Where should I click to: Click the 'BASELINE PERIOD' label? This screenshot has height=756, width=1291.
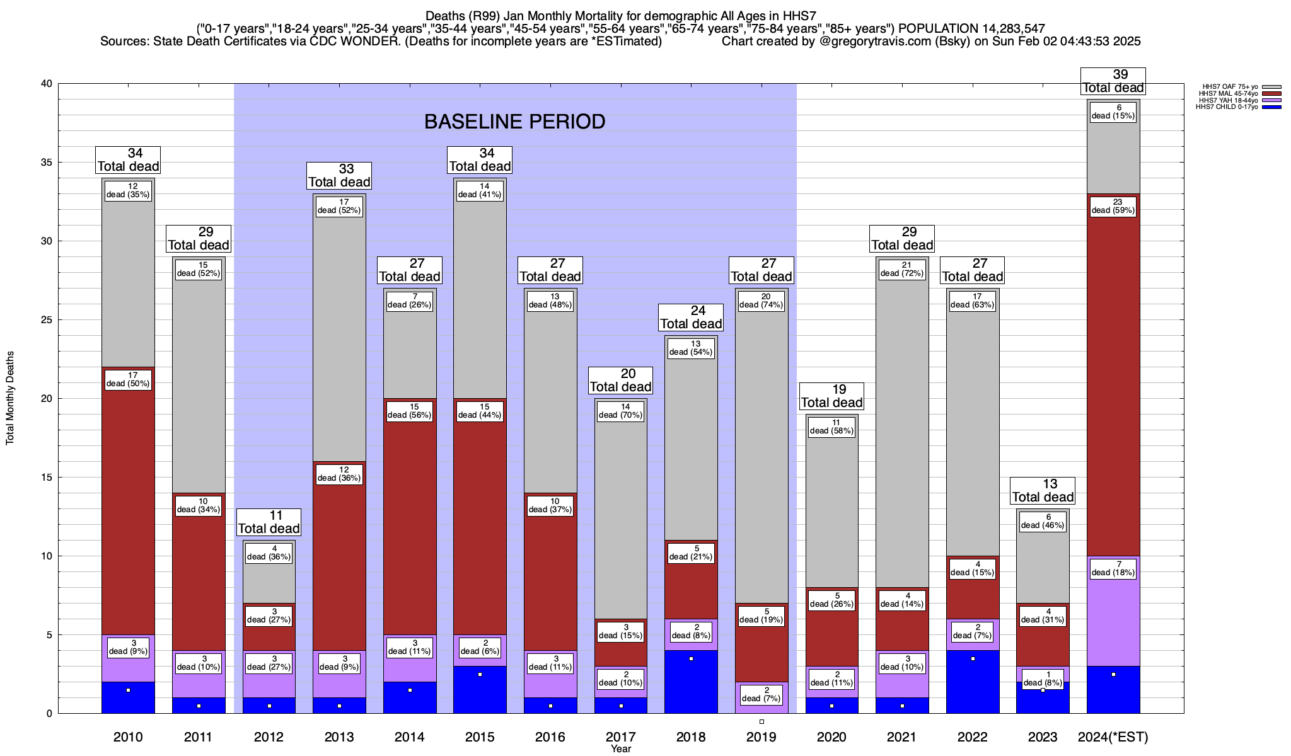pyautogui.click(x=514, y=122)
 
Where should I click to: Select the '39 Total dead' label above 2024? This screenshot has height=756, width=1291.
pyautogui.click(x=1113, y=81)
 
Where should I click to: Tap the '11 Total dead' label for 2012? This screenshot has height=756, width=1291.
pyautogui.click(x=269, y=522)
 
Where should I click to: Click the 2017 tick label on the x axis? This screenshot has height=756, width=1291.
pyautogui.click(x=620, y=736)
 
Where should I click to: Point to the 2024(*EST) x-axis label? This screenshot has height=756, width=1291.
pyautogui.click(x=1113, y=736)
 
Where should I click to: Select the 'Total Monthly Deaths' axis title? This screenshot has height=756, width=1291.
pyautogui.click(x=10, y=398)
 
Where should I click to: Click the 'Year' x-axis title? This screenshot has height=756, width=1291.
pyautogui.click(x=620, y=749)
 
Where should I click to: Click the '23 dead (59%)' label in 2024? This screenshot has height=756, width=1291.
pyautogui.click(x=1113, y=207)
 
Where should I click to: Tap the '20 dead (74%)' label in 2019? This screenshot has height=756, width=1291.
pyautogui.click(x=761, y=301)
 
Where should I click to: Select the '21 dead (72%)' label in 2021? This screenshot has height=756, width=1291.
pyautogui.click(x=902, y=270)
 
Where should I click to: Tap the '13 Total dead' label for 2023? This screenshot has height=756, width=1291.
pyautogui.click(x=1043, y=491)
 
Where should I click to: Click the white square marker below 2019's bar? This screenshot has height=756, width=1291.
pyautogui.click(x=761, y=721)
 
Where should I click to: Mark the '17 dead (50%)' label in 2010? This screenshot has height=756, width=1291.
pyautogui.click(x=128, y=380)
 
